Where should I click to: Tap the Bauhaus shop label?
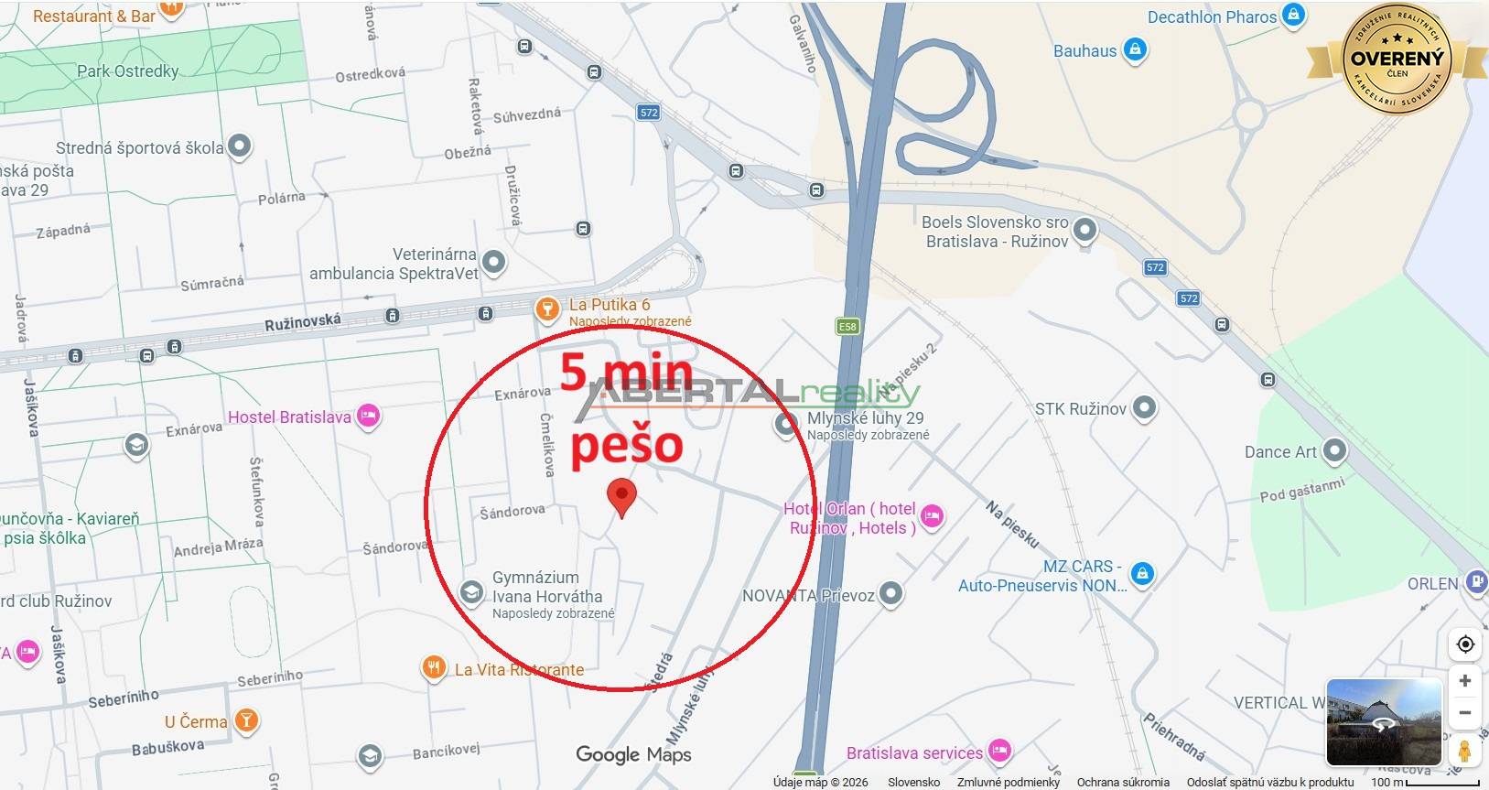(x=1084, y=51)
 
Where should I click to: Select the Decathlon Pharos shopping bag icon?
(x=1293, y=16)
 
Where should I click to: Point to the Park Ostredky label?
(x=127, y=70)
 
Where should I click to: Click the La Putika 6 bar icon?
(x=546, y=308)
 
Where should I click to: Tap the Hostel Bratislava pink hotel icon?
(x=368, y=417)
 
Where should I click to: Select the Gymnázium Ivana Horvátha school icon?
(x=471, y=592)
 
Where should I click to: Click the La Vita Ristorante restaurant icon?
(x=433, y=668)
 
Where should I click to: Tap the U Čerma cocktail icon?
(x=245, y=720)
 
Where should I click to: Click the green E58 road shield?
(x=847, y=327)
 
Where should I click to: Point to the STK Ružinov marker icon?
(x=1144, y=408)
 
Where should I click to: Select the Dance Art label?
(x=1279, y=451)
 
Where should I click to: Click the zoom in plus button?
(x=1464, y=681)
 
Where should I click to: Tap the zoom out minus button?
(x=1464, y=712)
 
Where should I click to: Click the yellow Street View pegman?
(x=1464, y=751)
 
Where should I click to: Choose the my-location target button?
(x=1464, y=644)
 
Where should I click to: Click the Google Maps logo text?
(x=633, y=754)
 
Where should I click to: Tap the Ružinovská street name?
(x=302, y=322)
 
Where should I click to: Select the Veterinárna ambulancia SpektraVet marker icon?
(x=493, y=263)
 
